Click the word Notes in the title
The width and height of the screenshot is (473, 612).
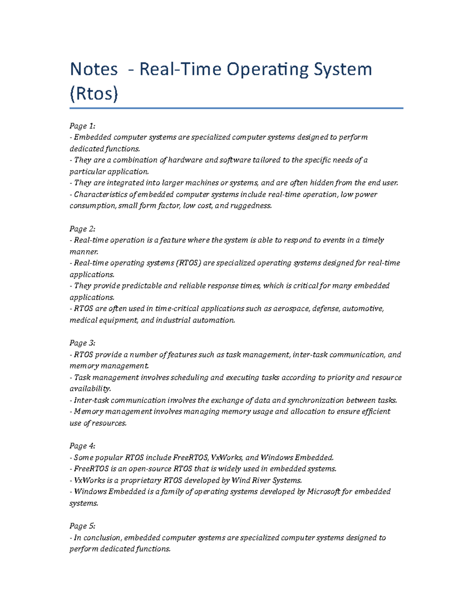[94, 69]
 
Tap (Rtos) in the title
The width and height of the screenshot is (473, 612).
[94, 94]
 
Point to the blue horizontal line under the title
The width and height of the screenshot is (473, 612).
[236, 108]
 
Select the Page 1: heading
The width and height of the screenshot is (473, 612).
[82, 126]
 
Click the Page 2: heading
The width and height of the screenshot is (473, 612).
[82, 229]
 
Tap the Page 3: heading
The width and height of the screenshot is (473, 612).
[82, 343]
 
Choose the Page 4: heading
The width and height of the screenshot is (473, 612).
[82, 446]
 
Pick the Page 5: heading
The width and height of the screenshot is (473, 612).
[82, 526]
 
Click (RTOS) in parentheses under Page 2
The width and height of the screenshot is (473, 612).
[188, 263]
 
